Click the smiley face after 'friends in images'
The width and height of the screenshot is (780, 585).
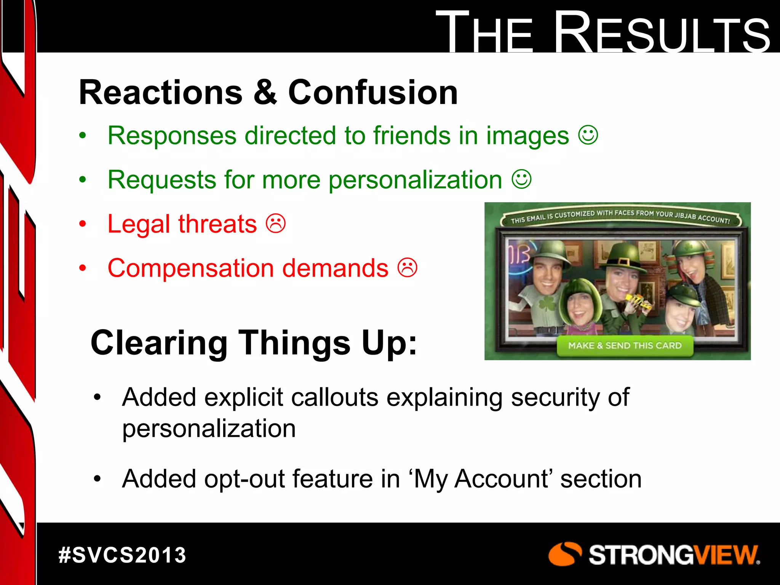pos(588,135)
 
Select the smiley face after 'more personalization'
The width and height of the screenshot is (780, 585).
pos(521,179)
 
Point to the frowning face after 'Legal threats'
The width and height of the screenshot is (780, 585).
pos(276,224)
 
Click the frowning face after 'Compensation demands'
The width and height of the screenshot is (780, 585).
pos(408,268)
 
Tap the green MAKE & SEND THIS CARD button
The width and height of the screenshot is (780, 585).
pos(625,345)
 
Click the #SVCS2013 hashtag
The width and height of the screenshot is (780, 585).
pos(122,555)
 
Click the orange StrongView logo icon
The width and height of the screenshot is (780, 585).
pos(564,554)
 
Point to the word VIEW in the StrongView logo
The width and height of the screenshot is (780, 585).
pos(726,555)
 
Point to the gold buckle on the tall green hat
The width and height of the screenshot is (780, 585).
pos(624,262)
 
